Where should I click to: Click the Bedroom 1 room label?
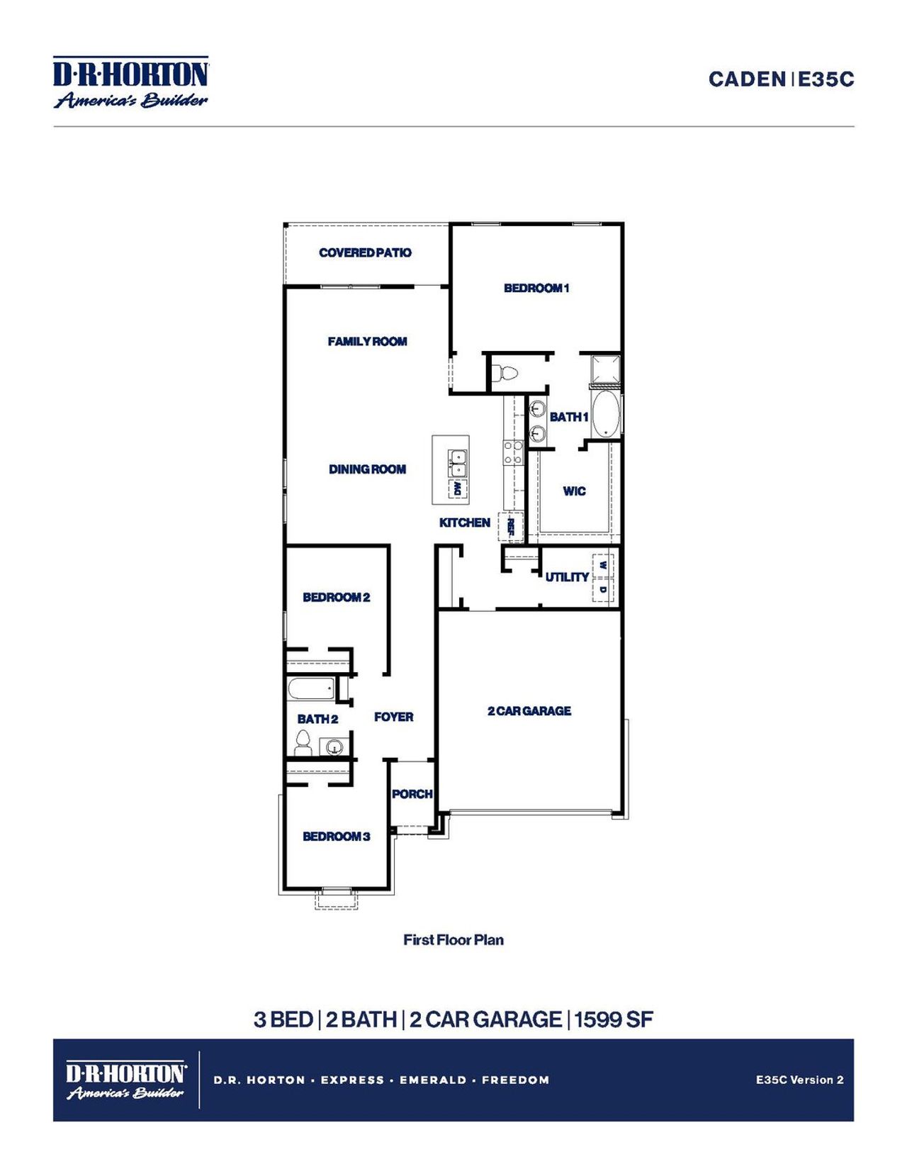536,288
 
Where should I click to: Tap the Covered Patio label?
365,252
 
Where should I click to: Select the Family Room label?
367,342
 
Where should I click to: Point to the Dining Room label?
367,469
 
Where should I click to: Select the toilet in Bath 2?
303,743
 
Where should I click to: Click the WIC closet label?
574,491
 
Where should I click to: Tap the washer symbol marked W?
602,566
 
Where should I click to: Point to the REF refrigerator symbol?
510,526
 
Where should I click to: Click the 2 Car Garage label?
529,711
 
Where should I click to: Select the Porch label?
412,794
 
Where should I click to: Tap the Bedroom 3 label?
336,837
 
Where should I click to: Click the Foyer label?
393,717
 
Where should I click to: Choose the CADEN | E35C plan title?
781,79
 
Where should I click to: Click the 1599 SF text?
614,1019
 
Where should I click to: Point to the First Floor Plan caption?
453,940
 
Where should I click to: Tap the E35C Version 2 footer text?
799,1080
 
